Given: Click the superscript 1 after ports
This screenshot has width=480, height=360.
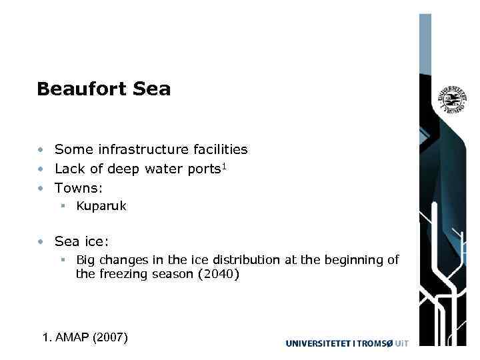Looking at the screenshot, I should tap(225, 166).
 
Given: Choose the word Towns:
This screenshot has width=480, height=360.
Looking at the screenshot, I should tap(79, 188).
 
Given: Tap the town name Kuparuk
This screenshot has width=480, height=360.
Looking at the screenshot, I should tap(101, 207).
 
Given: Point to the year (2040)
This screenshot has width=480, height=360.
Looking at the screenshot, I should tap(218, 273).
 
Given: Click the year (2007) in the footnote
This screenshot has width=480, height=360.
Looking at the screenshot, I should tap(111, 337).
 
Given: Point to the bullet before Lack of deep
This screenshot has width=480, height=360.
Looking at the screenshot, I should tap(41, 169).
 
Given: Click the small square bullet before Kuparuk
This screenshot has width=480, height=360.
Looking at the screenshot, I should tap(62, 207).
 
